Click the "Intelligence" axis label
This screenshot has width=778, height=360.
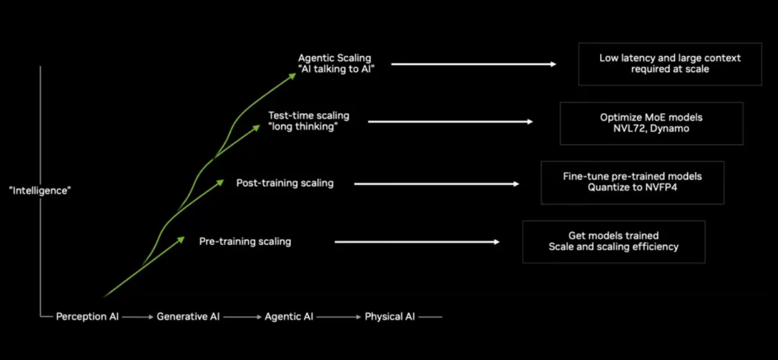(x=40, y=191)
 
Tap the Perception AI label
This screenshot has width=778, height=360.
(x=86, y=317)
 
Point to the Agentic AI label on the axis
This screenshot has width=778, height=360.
(x=289, y=317)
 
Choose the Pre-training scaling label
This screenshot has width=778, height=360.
(x=245, y=242)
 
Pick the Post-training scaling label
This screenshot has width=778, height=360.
(x=285, y=183)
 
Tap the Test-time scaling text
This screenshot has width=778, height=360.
(x=308, y=115)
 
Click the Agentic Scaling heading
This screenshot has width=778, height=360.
(x=336, y=58)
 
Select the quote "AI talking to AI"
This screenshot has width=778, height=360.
(x=336, y=70)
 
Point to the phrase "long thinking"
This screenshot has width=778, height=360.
(x=303, y=127)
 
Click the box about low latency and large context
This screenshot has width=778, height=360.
(x=670, y=63)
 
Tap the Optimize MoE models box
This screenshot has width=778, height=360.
(x=651, y=123)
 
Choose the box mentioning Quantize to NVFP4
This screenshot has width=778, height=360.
(x=632, y=182)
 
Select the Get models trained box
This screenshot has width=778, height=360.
(x=613, y=241)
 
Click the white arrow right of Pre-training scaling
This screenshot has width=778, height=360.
(x=417, y=242)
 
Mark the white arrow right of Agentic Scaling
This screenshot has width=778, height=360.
(x=473, y=64)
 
